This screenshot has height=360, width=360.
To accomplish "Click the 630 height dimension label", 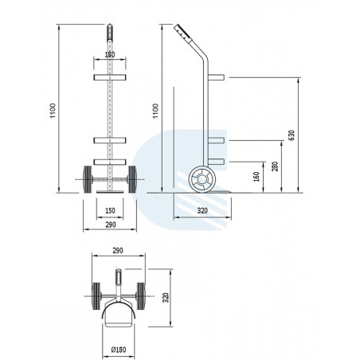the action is coord(292,135).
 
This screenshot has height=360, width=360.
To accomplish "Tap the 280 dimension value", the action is coord(275,166).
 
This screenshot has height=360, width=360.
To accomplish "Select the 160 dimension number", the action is coord(256,177).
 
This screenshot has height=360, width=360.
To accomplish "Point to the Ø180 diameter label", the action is coord(119,350).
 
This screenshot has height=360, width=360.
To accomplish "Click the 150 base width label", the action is coord(110,211).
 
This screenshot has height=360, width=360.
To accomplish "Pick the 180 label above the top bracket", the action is coord(110,55).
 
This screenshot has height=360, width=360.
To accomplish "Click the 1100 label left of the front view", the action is coord(53,111).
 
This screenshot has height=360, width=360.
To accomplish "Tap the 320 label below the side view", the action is coord(202,211).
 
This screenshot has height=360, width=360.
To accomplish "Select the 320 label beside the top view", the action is coord(166,298).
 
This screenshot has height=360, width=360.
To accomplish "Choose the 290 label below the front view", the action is coord(111,225).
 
